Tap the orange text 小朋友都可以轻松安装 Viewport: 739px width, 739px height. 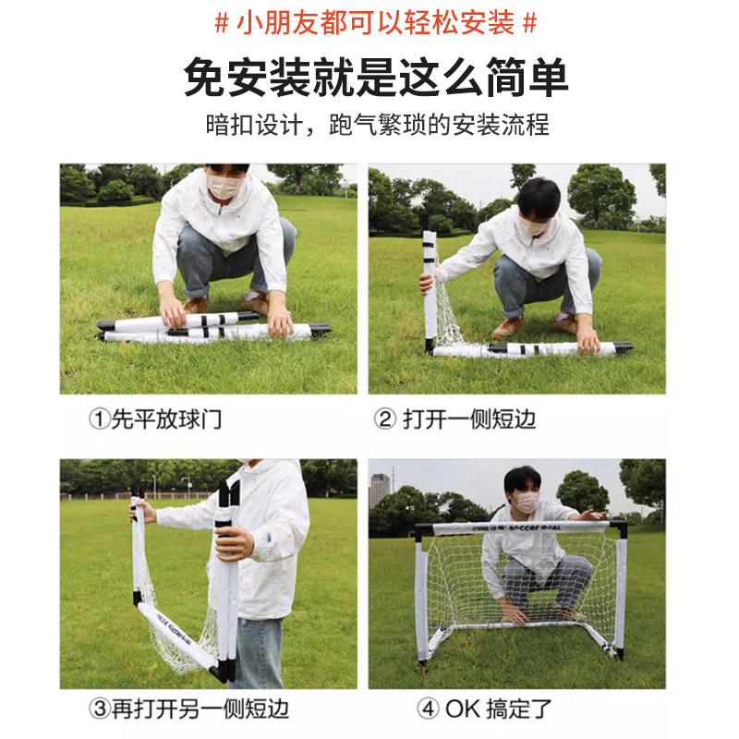(x=375, y=23)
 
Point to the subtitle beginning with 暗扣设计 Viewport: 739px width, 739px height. (x=377, y=125)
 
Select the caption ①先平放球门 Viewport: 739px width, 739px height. (x=155, y=419)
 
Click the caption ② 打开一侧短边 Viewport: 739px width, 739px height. (x=454, y=419)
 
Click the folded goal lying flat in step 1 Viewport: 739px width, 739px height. (x=212, y=329)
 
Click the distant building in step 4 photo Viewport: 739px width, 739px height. (x=379, y=490)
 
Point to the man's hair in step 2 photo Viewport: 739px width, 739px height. (x=539, y=196)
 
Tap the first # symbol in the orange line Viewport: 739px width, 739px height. (x=221, y=23)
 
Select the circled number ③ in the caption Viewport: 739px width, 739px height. (x=99, y=709)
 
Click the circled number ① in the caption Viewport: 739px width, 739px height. (x=99, y=419)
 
